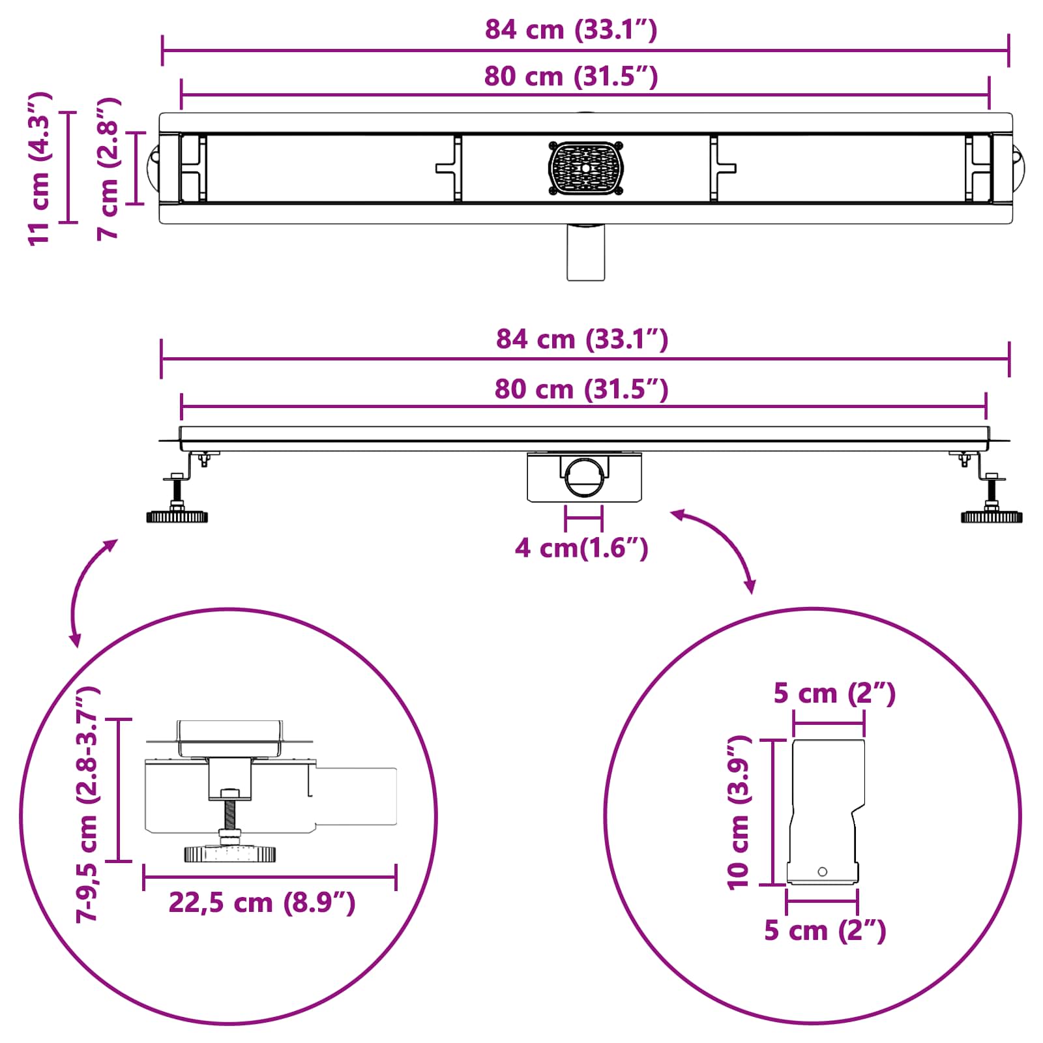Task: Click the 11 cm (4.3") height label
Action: point(39,168)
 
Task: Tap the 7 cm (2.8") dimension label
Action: point(108,168)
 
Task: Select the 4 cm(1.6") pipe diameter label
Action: point(581,548)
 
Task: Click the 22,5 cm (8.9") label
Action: point(262,903)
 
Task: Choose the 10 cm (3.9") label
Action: point(739,812)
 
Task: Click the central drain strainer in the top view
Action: point(586,168)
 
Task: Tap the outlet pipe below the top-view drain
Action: point(586,253)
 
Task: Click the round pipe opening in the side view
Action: point(584,478)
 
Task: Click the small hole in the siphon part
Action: point(822,872)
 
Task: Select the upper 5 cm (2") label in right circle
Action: point(834,694)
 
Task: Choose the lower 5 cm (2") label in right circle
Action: point(825,931)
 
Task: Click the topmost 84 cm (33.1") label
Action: point(571,30)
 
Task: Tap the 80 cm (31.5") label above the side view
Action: point(581,389)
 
